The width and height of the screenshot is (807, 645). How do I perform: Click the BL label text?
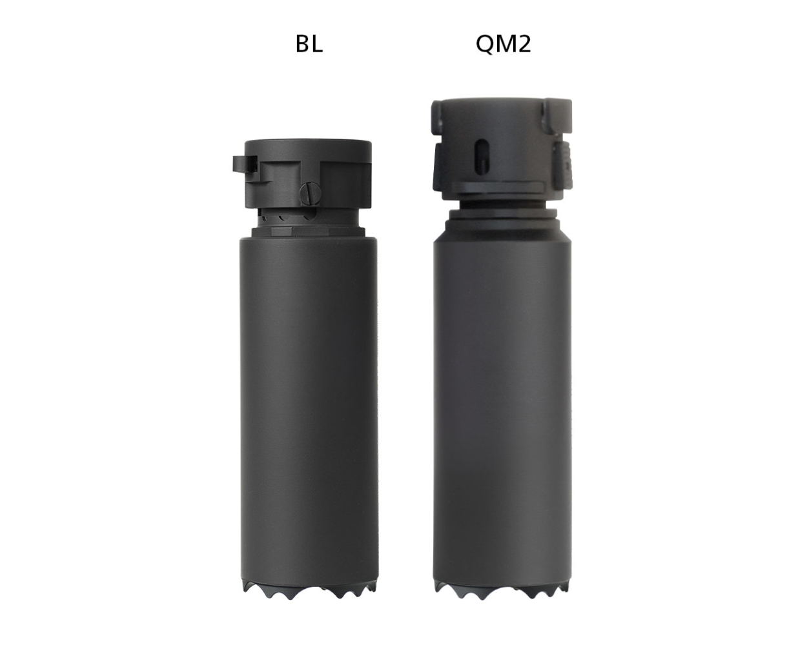pos(309,44)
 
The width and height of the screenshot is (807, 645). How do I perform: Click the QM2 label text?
pos(503,44)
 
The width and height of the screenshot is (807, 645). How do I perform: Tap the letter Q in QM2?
pos(486,44)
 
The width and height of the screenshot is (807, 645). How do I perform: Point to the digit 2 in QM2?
pos(524,44)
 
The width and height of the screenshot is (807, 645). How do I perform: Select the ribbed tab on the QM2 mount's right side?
pos(563,164)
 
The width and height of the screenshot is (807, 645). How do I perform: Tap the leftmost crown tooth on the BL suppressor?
pos(249,588)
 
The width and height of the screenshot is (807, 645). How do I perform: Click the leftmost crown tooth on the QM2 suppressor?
pos(440,588)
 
